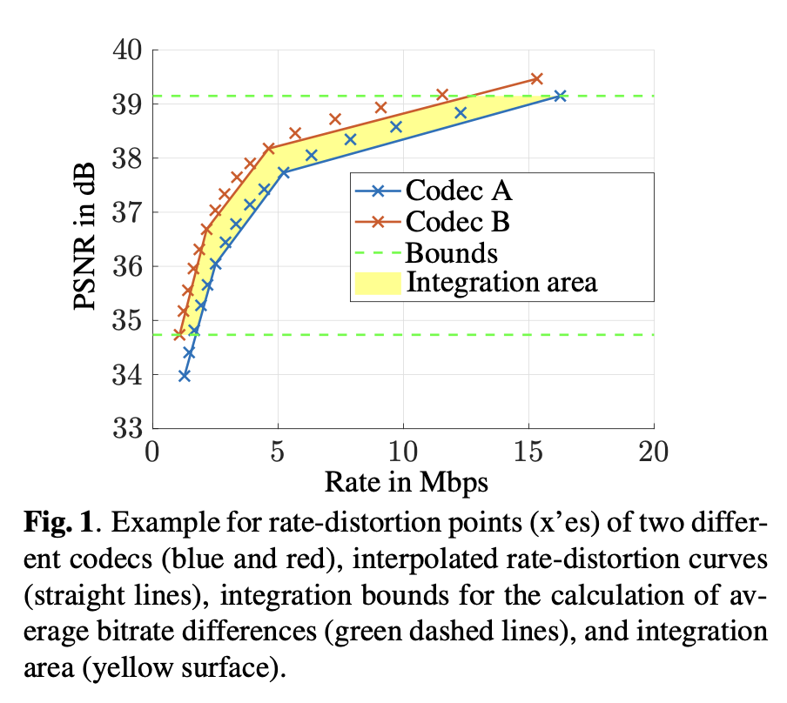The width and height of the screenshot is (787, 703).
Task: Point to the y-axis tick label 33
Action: (128, 429)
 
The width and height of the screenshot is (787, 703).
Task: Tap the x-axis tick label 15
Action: (528, 453)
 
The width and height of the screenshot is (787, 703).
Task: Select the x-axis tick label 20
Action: (653, 453)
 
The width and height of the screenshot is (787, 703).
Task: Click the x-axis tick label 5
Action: (278, 453)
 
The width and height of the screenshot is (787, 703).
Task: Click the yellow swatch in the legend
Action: (376, 283)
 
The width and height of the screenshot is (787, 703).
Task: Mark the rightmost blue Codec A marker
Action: (561, 96)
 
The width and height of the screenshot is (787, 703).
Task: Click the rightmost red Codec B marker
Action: (536, 79)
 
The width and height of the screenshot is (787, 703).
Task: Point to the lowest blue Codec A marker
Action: (184, 376)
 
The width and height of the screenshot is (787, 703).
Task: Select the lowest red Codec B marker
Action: (178, 334)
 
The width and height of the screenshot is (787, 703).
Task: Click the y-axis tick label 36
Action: (128, 266)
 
